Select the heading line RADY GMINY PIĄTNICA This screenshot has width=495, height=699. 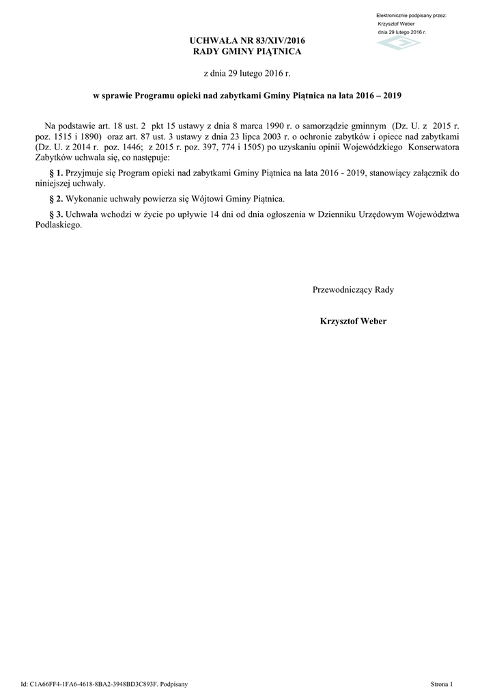[x=247, y=52]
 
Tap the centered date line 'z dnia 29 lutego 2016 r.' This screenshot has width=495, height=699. [x=247, y=72]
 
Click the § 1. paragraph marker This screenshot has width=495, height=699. [x=57, y=174]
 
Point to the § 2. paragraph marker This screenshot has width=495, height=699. [x=57, y=199]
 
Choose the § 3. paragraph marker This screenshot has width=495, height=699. [x=57, y=214]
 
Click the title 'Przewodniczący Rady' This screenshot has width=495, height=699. [x=353, y=289]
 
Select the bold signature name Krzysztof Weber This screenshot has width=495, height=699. [x=353, y=321]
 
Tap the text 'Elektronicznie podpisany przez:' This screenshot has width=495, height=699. [x=411, y=15]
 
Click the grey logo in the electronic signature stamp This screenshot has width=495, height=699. [x=400, y=43]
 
